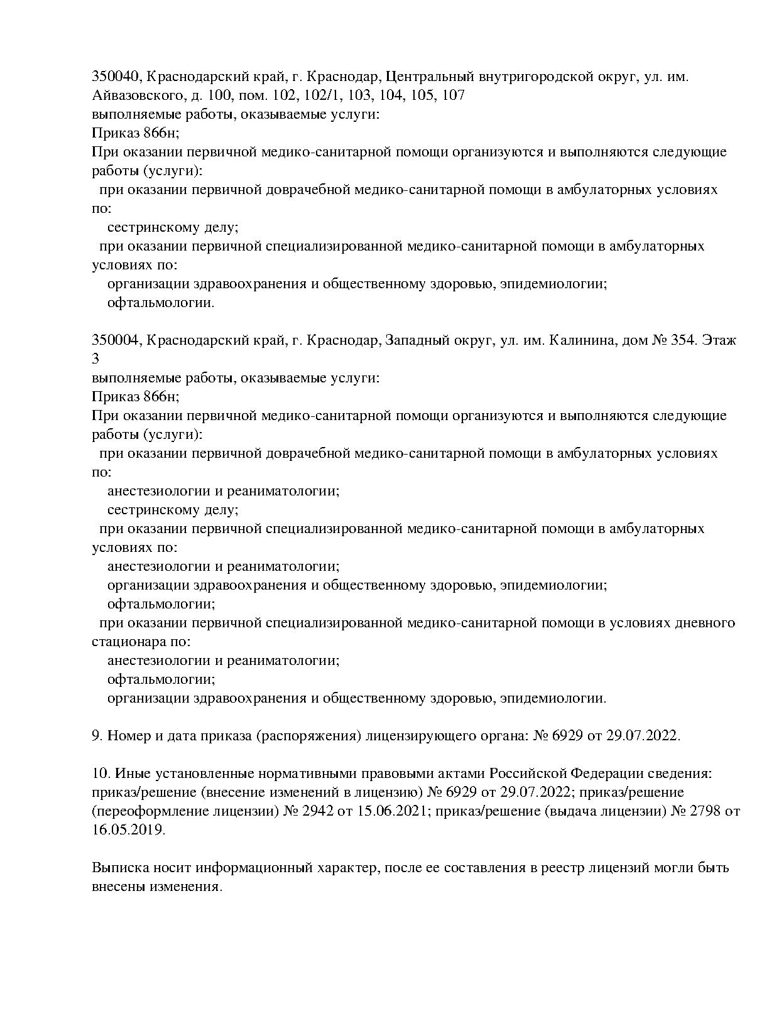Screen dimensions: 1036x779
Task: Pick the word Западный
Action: pyautogui.click(x=416, y=340)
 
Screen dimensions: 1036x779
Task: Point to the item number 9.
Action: pyautogui.click(x=97, y=736)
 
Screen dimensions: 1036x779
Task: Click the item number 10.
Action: pyautogui.click(x=99, y=774)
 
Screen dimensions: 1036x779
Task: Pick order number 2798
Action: pyautogui.click(x=705, y=811)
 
